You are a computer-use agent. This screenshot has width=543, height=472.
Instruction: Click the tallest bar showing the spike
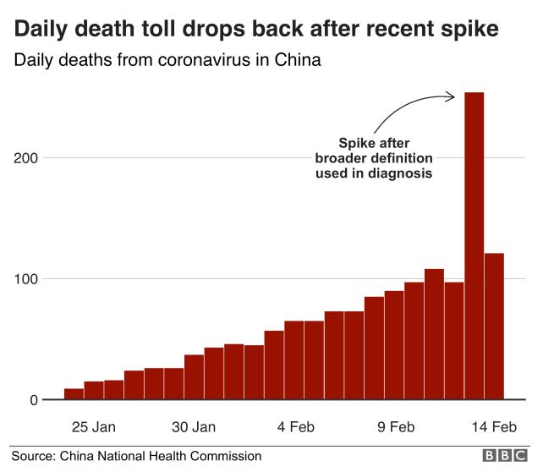pyautogui.click(x=474, y=245)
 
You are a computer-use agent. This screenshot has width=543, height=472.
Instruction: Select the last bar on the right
pyautogui.click(x=494, y=326)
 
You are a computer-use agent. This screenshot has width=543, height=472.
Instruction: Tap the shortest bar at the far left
pyautogui.click(x=74, y=394)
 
